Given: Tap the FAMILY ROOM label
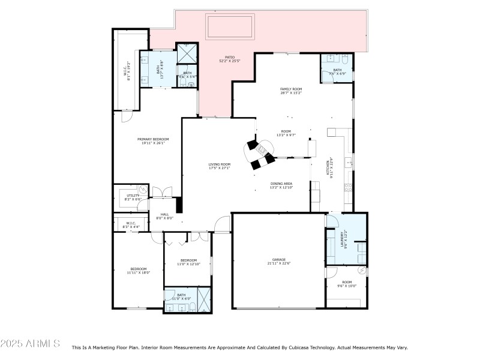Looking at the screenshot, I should tap(291, 91).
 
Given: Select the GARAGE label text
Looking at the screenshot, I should tap(277, 261).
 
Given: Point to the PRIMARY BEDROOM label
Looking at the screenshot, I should tap(146, 141).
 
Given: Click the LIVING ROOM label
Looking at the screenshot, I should tap(219, 166).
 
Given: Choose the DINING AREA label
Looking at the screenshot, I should tap(281, 185).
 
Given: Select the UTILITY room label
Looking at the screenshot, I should tap(133, 197).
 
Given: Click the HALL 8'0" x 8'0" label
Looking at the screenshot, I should tap(164, 217).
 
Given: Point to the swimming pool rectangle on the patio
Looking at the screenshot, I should tap(230, 27).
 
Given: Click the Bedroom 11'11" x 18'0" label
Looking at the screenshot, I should tap(138, 271).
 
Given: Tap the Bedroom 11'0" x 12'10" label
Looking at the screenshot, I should tap(188, 262).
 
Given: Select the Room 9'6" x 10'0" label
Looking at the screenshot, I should tap(347, 284).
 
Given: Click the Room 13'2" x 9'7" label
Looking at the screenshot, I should tap(286, 133).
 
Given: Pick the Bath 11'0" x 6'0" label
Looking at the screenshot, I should tap(181, 296).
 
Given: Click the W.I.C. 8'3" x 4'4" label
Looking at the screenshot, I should tap(131, 225).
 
